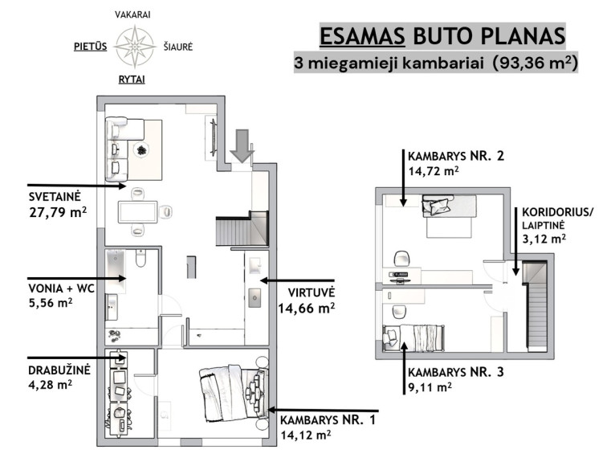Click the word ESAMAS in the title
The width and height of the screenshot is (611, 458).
pos(362,36)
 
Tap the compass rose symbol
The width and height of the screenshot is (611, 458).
pos(134,47)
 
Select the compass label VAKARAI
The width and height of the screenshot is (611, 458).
pos(132,14)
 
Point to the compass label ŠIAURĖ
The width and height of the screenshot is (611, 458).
pos(178,47)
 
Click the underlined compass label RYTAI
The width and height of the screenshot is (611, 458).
pos(132,80)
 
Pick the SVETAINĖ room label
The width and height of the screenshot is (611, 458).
pos(55,197)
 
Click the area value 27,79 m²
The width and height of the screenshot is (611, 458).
pos(58,212)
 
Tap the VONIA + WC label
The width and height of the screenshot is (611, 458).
pos(61,288)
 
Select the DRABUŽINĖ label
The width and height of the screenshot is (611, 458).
pos(59,370)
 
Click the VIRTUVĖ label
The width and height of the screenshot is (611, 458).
pos(312,292)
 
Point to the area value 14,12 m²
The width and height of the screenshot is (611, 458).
pos(306,434)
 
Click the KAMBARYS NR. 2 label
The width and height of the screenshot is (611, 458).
pos(456,156)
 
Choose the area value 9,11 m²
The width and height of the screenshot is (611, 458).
pos(430,387)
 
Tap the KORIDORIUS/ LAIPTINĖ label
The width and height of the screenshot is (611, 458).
pos(558,219)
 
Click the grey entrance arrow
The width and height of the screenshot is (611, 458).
pos(242,145)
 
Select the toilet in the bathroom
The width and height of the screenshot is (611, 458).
pos(141,258)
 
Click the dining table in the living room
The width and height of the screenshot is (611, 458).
pos(138,212)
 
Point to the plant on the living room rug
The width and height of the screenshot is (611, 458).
pos(141,149)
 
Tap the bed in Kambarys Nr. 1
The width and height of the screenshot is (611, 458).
pos(234,392)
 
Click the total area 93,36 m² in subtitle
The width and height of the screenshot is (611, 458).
pos(535,63)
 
